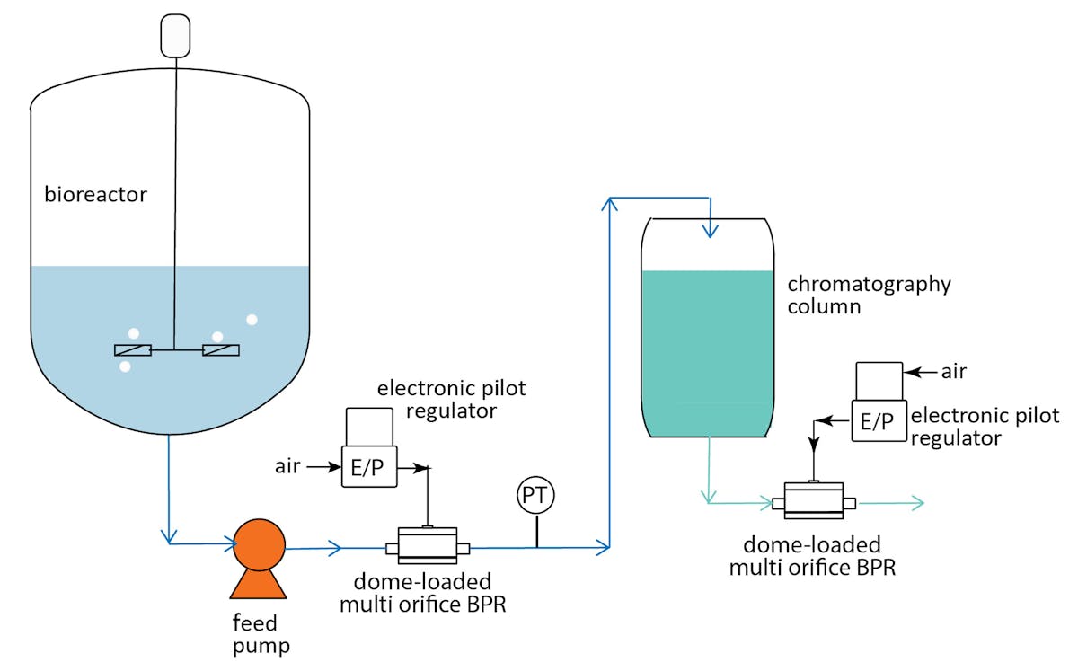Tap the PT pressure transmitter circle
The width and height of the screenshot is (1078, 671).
pyautogui.click(x=536, y=496)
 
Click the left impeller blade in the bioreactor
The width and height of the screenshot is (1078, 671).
pyautogui.click(x=132, y=350)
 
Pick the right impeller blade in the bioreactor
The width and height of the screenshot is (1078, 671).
pyautogui.click(x=221, y=350)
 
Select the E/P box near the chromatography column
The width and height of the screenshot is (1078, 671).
pyautogui.click(x=878, y=421)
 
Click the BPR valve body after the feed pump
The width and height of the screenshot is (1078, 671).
pyautogui.click(x=421, y=545)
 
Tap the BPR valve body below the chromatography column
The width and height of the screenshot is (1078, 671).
pyautogui.click(x=814, y=501)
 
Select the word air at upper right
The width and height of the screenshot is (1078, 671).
pyautogui.click(x=954, y=370)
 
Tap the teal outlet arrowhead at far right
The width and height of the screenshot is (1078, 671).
pyautogui.click(x=917, y=503)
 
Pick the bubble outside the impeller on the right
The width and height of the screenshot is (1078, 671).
pyautogui.click(x=252, y=320)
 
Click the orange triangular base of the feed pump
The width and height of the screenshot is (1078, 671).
pyautogui.click(x=259, y=584)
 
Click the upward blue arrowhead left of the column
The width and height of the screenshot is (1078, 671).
pyautogui.click(x=610, y=207)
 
